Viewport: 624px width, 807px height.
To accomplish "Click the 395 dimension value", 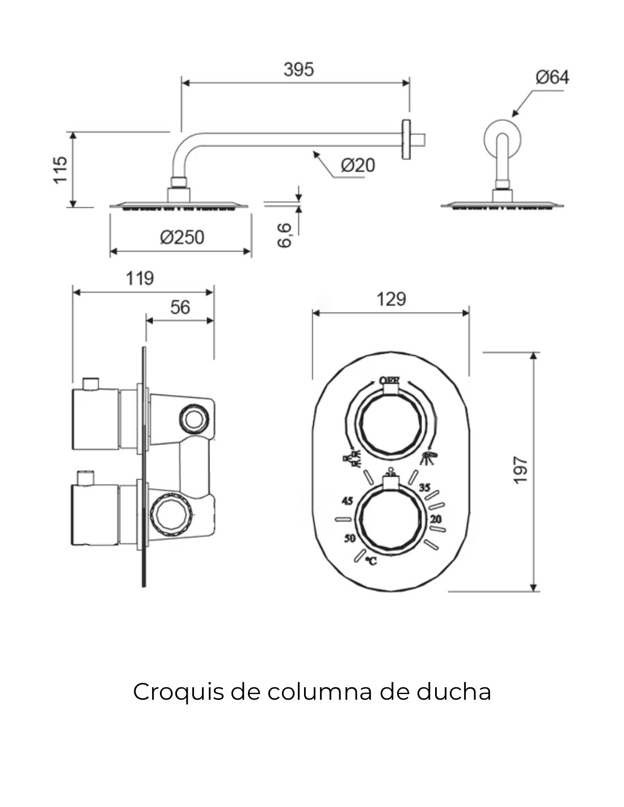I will [298, 69].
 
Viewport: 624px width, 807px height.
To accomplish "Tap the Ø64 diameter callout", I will [551, 77].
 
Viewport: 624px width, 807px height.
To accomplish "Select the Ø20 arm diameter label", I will [357, 165].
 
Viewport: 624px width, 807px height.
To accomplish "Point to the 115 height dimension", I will [60, 169].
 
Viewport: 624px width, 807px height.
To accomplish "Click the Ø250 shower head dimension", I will [182, 237].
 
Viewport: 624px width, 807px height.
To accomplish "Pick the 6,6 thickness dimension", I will [285, 235].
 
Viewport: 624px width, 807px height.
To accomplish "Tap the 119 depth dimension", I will [140, 278].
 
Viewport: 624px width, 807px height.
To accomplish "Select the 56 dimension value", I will [180, 307].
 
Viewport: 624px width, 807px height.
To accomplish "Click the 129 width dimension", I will [391, 299].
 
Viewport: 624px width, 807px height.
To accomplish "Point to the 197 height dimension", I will [520, 470].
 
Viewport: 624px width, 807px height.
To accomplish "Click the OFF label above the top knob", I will [389, 380].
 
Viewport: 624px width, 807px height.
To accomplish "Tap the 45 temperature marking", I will [347, 501].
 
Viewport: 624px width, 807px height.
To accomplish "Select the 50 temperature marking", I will [349, 538].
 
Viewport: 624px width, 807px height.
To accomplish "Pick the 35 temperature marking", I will [424, 487].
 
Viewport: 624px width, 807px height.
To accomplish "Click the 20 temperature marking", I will [436, 519].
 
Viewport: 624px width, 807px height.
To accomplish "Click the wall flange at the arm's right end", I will [406, 139].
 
